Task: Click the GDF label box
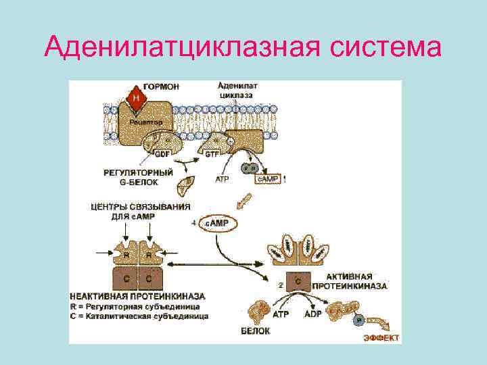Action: pos(162,153)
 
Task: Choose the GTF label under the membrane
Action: pos(202,154)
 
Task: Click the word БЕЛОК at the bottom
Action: pos(255,331)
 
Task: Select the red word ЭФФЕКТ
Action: pos(381,337)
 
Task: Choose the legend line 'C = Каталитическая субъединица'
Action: pos(139,316)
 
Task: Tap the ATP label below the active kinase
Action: pos(280,314)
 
